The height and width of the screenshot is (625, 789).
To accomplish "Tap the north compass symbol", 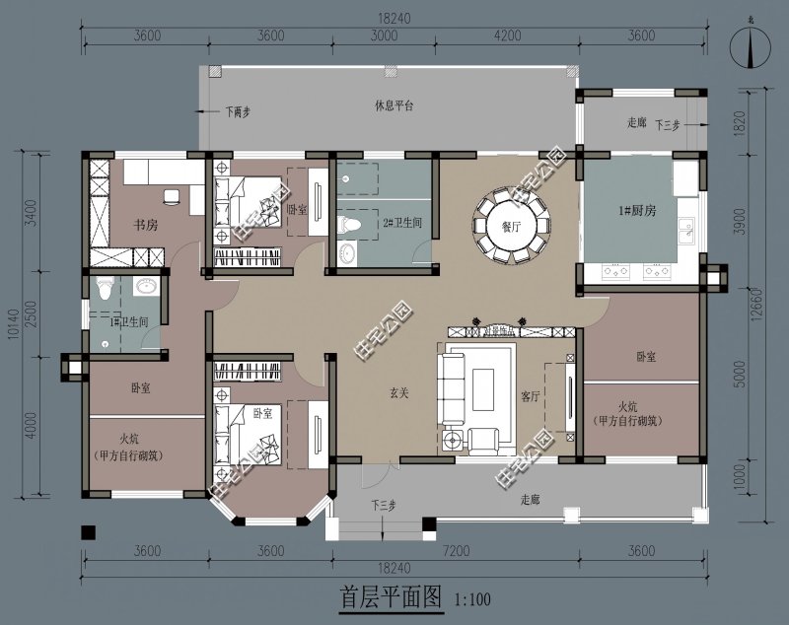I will click(753, 47).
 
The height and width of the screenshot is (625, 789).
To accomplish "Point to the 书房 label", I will click(147, 226).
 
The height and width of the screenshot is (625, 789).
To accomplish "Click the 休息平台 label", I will click(394, 104).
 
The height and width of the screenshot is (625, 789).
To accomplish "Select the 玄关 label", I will click(399, 392).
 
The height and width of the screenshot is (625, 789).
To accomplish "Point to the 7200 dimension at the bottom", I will click(455, 550).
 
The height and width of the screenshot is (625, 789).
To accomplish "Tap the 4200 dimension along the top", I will click(506, 36).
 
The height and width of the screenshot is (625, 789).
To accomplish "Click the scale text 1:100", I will click(472, 598).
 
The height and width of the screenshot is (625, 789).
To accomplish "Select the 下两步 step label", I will click(237, 111).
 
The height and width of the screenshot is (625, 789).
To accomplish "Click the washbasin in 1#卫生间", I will click(145, 287).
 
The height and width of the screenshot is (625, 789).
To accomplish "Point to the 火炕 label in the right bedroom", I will click(629, 405).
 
